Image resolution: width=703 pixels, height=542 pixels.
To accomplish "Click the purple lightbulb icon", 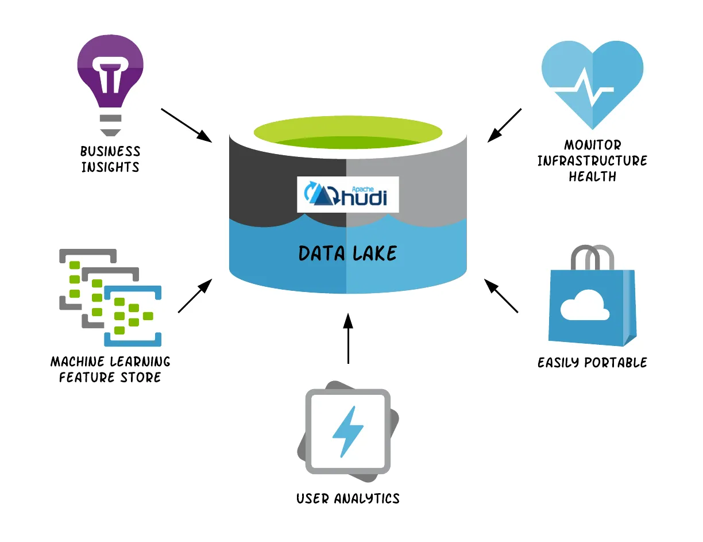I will click(x=110, y=75).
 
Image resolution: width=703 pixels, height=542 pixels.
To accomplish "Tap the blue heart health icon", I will click(x=592, y=80).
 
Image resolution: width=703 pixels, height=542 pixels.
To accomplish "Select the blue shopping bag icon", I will click(x=592, y=305).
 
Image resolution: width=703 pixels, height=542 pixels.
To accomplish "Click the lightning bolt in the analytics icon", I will click(x=348, y=432).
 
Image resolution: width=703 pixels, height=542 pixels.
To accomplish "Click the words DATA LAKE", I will click(x=347, y=253).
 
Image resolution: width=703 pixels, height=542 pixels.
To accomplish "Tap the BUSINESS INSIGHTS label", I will click(x=110, y=159).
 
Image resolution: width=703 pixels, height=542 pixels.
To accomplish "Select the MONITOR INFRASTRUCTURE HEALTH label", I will click(x=592, y=161).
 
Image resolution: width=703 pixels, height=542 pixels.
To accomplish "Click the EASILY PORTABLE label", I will click(x=592, y=363).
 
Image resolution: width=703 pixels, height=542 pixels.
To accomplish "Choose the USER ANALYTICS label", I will click(x=348, y=498).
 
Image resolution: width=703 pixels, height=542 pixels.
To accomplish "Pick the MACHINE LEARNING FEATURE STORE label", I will click(x=110, y=369).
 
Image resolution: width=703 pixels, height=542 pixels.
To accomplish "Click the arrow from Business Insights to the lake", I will click(x=186, y=125).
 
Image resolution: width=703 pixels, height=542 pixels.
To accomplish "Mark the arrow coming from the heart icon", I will click(x=505, y=125).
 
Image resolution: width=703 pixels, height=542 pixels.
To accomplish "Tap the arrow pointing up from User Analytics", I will click(x=347, y=339).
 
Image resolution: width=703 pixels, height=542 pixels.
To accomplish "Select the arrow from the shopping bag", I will click(x=501, y=295).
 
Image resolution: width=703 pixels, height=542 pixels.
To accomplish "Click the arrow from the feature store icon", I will click(x=195, y=296).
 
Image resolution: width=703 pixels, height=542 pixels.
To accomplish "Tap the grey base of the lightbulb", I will click(x=110, y=124).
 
